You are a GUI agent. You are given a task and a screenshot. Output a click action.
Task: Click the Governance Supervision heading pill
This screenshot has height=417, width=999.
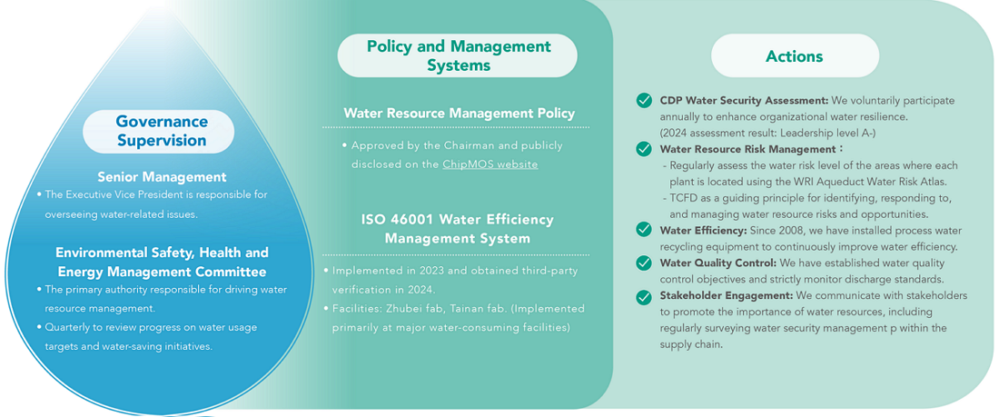[159, 131]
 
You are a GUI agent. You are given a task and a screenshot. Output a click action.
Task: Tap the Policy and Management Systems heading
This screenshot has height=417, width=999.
[458, 55]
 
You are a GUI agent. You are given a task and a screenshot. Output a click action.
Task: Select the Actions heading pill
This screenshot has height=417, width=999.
[795, 56]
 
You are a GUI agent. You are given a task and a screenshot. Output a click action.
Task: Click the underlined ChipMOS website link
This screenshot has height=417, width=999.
[490, 164]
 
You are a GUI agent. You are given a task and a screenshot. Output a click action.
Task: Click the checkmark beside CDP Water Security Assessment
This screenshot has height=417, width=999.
[644, 101]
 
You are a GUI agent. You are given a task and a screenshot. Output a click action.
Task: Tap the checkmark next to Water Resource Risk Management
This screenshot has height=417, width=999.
[644, 149]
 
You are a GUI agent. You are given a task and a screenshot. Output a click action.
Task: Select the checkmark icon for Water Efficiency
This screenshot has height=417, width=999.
[644, 230]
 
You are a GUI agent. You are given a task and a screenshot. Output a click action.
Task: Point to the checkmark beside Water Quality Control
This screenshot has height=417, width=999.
[644, 263]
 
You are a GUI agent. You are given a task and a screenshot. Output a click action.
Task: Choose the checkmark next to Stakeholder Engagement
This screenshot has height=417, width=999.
[644, 296]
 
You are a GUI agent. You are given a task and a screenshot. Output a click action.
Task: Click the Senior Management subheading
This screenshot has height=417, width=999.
[162, 176]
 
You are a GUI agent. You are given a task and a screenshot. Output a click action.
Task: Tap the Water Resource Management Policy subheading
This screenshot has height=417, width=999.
[459, 114]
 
